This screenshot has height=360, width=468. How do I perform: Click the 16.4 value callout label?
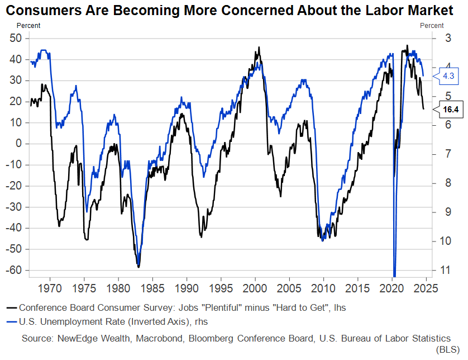pyautogui.click(x=450, y=110)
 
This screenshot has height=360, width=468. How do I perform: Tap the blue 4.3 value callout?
pyautogui.click(x=448, y=75)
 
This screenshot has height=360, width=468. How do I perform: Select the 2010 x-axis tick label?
pyautogui.click(x=323, y=289)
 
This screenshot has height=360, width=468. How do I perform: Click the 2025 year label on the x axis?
pyautogui.click(x=426, y=289)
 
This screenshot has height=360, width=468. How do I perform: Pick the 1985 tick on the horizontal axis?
pyautogui.click(x=152, y=289)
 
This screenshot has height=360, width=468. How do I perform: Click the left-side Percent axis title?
pyautogui.click(x=28, y=25)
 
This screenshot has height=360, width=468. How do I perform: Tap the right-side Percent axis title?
pyautogui.click(x=432, y=25)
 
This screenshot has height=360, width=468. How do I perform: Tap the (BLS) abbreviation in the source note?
pyautogui.click(x=447, y=349)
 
